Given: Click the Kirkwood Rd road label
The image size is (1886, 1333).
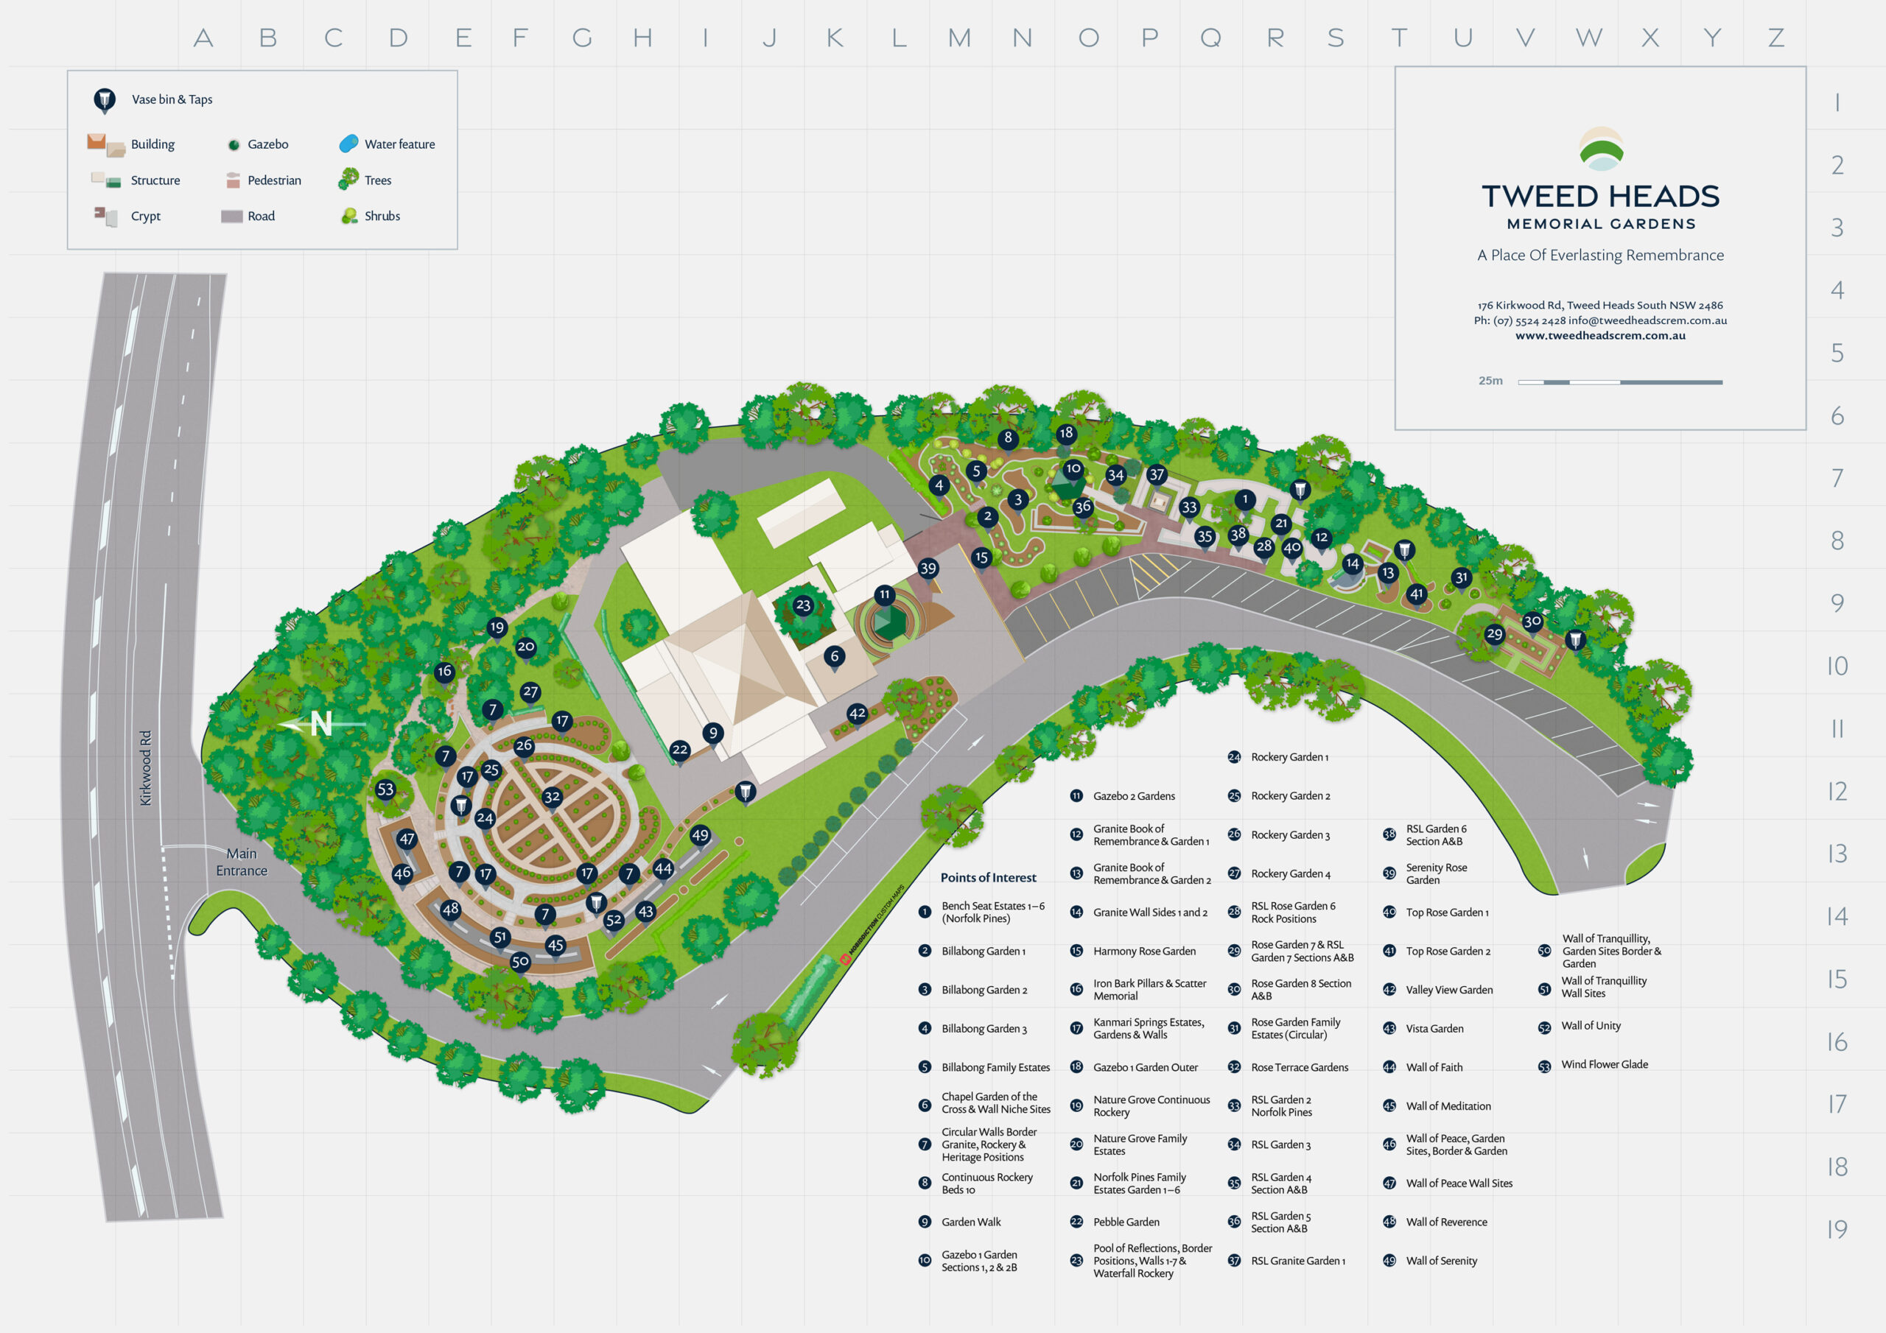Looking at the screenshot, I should (145, 767).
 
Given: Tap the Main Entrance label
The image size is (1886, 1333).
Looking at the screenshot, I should (242, 862).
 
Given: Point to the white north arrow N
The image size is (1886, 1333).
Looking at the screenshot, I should (320, 724).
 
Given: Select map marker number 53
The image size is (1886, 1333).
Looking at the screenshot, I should (385, 789).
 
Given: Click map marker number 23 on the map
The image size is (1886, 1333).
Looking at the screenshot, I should (802, 605).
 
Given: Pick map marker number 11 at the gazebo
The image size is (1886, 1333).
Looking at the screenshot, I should (884, 594).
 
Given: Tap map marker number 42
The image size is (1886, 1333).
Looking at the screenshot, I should (857, 714).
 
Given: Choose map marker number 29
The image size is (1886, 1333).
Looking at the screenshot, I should (1494, 634).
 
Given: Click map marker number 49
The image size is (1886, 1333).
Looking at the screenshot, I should (700, 835).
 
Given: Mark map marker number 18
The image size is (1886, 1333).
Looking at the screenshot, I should (1065, 433).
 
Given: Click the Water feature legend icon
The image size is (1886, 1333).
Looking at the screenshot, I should (348, 144).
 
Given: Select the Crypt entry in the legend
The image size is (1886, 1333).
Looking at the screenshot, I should (145, 216).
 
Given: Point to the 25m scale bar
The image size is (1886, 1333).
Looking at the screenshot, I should (1619, 382).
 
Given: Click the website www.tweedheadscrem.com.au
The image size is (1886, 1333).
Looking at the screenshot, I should (1600, 335).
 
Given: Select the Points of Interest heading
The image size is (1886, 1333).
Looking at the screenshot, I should (988, 877).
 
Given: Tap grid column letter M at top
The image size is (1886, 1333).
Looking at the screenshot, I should (959, 38).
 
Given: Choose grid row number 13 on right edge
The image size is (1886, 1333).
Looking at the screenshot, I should (1837, 854).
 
